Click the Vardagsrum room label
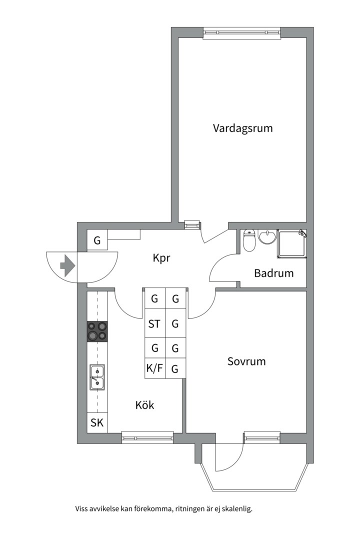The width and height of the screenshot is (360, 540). point(242,128)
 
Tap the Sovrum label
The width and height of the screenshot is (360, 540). point(246,361)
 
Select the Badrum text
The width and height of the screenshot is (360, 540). point(273,273)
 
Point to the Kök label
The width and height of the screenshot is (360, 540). point(144,405)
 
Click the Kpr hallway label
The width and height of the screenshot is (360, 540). point(161,258)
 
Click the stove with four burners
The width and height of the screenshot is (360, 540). point(97,331)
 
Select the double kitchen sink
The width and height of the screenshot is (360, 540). point(97,377)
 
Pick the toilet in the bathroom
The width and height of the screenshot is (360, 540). point(248,241)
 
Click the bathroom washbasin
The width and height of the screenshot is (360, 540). point(267,237)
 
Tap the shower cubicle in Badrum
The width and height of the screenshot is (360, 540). point(292,244)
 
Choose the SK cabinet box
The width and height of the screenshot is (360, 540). point(97,423)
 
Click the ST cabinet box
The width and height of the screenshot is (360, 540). point(154,324)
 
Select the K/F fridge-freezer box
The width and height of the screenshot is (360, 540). point(154,369)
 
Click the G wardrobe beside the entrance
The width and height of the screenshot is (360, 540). point(97,241)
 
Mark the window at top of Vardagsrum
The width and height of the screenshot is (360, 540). point(242,33)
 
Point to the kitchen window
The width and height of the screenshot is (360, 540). point(147,438)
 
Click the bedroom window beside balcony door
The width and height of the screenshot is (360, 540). point(261,438)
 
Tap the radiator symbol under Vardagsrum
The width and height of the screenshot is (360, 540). point(191,225)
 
